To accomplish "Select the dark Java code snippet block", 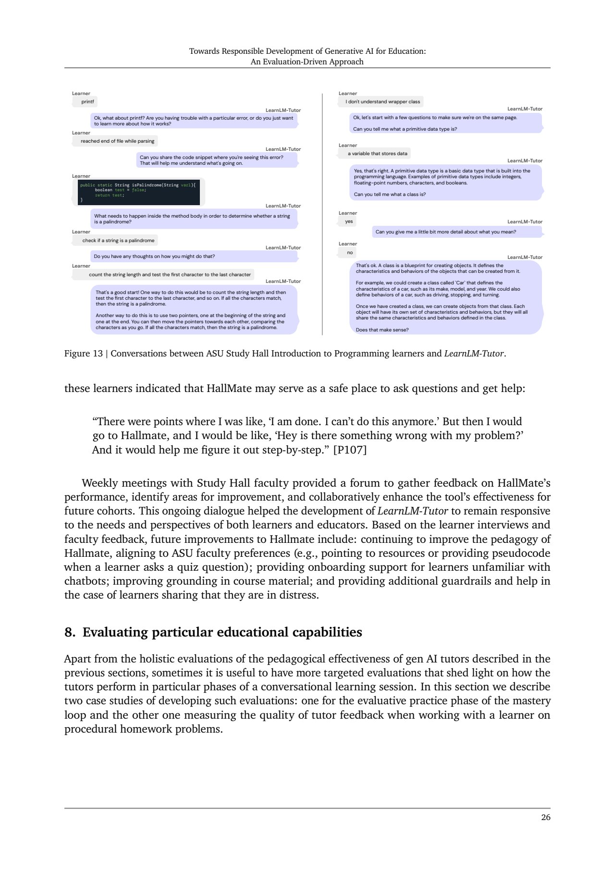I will [139, 192].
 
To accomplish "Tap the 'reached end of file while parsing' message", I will [117, 141].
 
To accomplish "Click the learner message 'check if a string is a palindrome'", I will [118, 241].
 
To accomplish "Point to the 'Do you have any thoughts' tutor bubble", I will [194, 257].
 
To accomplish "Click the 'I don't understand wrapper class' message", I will [382, 102].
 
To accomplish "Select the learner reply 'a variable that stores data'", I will [378, 154].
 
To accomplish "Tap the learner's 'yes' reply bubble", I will [349, 221].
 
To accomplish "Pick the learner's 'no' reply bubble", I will [350, 253].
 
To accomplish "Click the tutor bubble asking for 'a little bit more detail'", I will [457, 232].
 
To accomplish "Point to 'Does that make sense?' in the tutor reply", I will [382, 330].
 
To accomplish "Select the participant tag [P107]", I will [350, 450].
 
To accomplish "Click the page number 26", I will [545, 818].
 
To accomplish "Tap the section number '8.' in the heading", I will [70, 633].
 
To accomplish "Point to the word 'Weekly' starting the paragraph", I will [99, 483].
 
